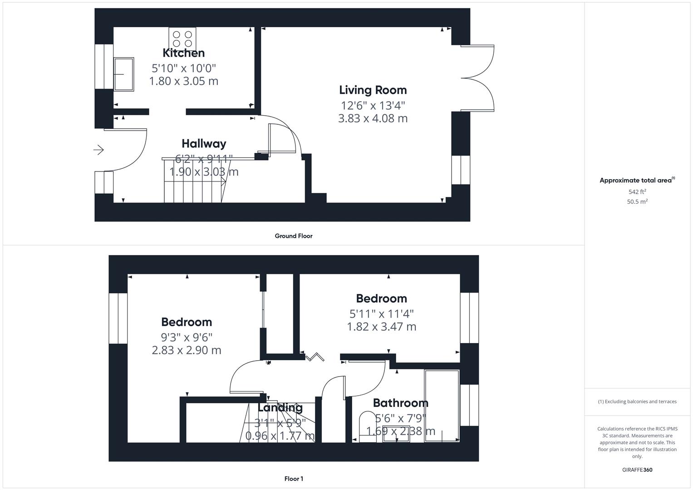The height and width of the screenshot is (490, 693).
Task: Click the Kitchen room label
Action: point(183,53)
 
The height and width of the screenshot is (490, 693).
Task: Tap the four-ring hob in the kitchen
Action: point(182,39)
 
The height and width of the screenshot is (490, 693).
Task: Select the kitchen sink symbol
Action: point(123,74)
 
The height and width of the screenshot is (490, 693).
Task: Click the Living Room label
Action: point(373,90)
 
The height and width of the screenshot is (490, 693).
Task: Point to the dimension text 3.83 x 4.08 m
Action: point(373,118)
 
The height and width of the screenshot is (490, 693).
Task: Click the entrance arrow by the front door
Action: point(98,150)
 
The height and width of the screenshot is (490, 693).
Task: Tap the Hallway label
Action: point(204,143)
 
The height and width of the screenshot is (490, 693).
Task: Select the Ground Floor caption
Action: point(293,236)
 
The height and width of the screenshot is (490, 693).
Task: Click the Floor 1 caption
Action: point(293,479)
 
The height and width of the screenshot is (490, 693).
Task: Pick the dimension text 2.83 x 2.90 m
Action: point(187,350)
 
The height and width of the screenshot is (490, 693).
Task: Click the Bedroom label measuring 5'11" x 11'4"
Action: point(381,299)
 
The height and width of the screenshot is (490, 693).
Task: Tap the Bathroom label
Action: point(400,403)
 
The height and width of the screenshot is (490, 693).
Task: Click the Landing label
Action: point(280,407)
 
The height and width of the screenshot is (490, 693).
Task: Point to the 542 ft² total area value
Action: point(637,192)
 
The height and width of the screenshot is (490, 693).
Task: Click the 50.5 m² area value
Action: point(637,202)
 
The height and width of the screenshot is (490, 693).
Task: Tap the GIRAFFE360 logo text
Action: point(637,470)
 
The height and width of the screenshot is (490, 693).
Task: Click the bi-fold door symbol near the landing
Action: point(315,357)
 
